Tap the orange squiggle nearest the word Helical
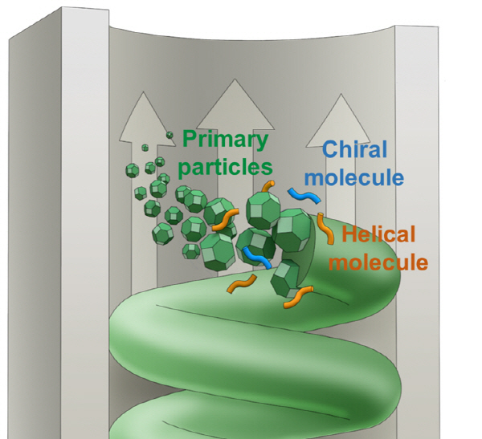point(327,230)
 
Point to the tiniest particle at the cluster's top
point(170,134)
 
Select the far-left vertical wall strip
point(16,241)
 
